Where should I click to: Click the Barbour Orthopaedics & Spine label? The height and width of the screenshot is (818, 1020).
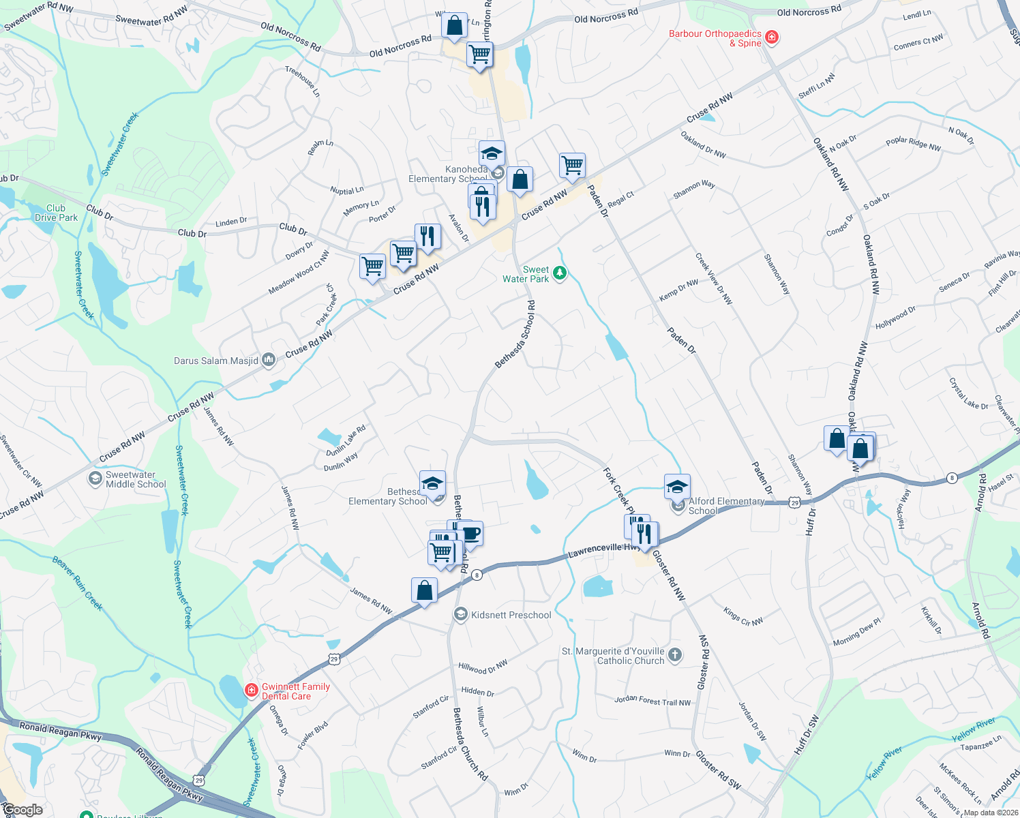715,38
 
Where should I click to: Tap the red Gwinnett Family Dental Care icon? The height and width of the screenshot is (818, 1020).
252,691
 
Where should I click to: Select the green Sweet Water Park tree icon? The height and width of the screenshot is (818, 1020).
560,273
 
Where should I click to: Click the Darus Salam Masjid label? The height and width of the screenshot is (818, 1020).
215,361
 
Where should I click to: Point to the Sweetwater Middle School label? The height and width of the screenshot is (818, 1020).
136,479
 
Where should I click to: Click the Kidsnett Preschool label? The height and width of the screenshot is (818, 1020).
511,615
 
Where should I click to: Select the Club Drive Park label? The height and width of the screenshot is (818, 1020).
56,213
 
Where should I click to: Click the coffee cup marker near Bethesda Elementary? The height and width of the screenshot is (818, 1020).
471,533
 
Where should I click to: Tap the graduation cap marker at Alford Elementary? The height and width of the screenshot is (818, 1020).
677,487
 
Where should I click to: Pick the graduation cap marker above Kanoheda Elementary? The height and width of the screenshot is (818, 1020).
492,153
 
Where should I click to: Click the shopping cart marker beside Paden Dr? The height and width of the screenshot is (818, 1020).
572,164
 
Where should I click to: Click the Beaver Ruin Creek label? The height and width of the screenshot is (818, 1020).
77,583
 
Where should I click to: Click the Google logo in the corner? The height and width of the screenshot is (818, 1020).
22,810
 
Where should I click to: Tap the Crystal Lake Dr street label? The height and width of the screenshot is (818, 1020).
968,394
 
